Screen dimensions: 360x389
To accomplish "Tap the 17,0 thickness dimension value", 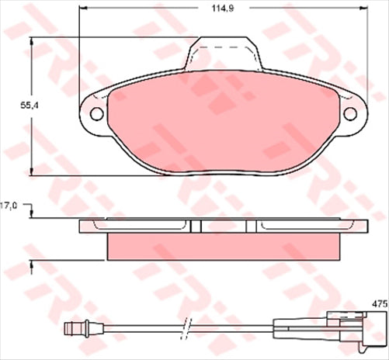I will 9,206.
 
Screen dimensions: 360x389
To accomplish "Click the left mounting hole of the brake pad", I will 97,114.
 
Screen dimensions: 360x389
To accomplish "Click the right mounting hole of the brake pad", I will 350,114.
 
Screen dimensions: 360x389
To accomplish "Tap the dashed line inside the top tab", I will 224,48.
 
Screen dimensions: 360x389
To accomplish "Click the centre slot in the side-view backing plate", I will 195,226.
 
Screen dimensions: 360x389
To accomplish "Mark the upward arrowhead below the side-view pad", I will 31,266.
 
